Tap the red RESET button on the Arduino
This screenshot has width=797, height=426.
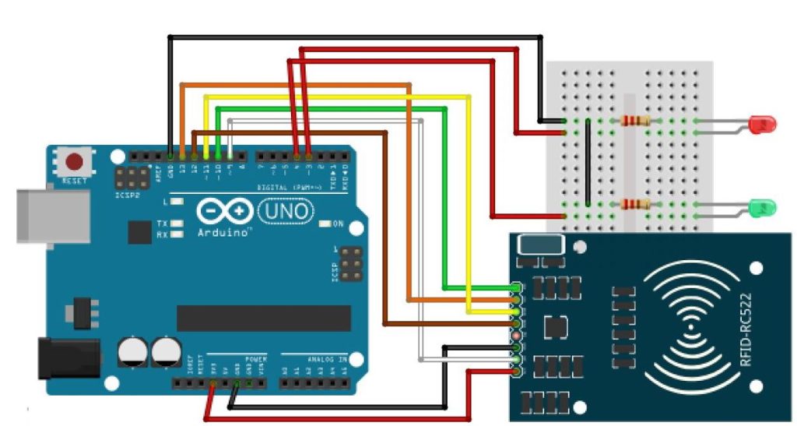[75, 163]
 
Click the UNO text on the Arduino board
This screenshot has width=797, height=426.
[286, 210]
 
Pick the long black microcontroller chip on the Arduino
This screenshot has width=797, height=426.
[252, 318]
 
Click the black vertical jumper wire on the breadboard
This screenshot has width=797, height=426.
[588, 163]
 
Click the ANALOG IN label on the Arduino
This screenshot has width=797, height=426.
[327, 360]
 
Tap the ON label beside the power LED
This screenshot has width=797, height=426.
[338, 224]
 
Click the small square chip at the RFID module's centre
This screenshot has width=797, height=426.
[556, 327]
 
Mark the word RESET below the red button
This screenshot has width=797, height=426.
[74, 182]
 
